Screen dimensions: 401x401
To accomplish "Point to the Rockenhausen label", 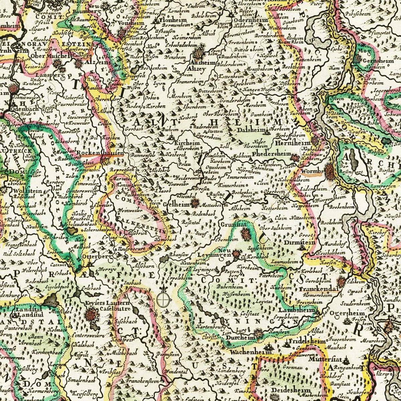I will point(100,153).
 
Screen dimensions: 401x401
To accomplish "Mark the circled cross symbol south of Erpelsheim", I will point(163,299).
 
